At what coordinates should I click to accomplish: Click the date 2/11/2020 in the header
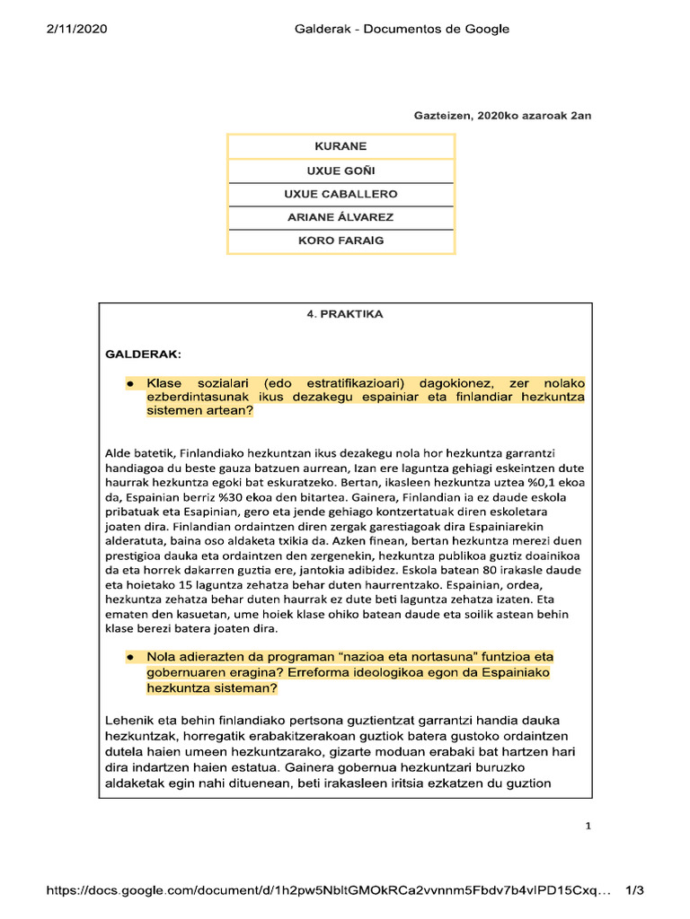(76, 29)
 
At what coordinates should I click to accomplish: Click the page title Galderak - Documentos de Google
(402, 29)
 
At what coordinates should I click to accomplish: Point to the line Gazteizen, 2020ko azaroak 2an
(502, 116)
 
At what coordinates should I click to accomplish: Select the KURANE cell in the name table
(341, 146)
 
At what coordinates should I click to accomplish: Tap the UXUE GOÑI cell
(341, 171)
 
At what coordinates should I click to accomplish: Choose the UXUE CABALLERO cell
(341, 194)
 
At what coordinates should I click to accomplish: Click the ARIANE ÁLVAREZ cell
(341, 217)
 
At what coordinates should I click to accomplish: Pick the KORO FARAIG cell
(341, 241)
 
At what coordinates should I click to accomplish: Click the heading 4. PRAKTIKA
(345, 314)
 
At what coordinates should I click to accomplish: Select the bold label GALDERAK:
(144, 354)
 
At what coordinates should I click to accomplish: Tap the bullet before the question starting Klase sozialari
(130, 384)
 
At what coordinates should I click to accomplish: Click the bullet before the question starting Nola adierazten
(130, 656)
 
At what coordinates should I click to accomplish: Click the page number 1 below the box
(588, 827)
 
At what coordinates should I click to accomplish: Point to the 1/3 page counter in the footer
(634, 890)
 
